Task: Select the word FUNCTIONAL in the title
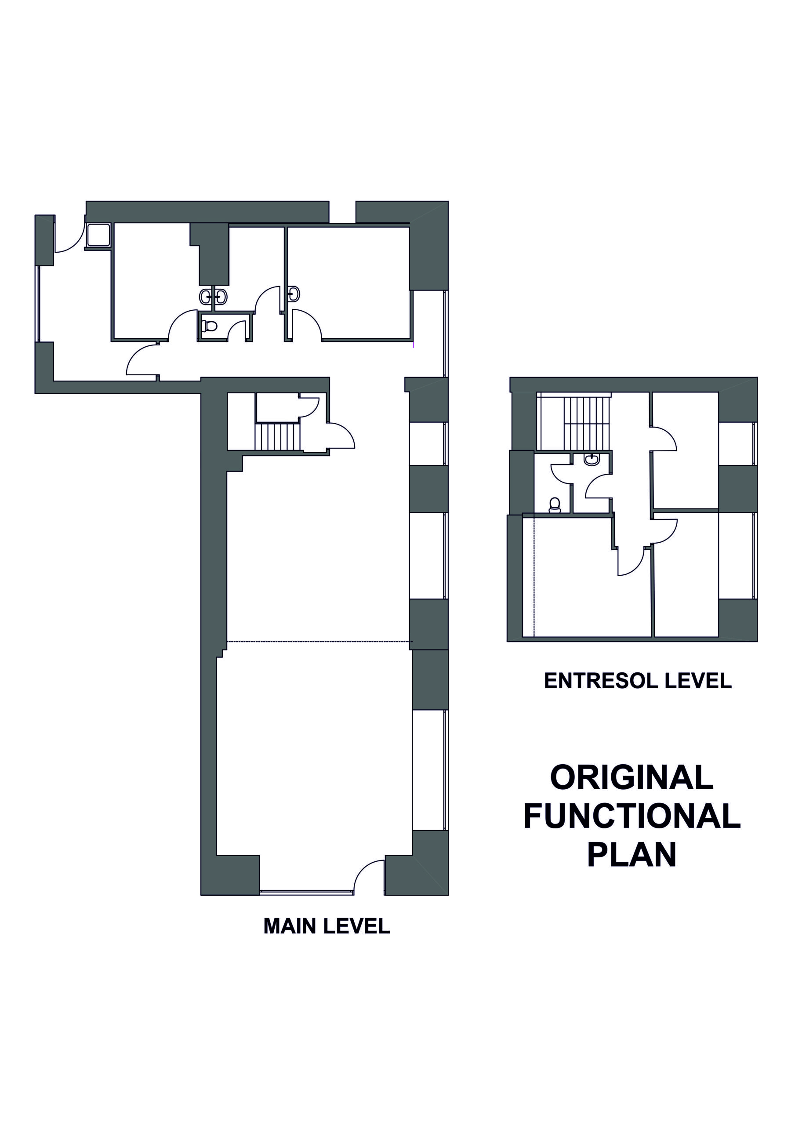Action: coord(632,817)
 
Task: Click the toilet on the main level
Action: coord(209,325)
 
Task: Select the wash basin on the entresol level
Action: coord(592,459)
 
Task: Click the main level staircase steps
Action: coord(277,436)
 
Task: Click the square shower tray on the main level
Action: coord(98,235)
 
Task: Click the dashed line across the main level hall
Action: coord(319,642)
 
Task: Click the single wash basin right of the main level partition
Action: coord(294,294)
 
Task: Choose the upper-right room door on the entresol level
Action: coord(664,439)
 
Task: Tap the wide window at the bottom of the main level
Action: coord(306,892)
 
